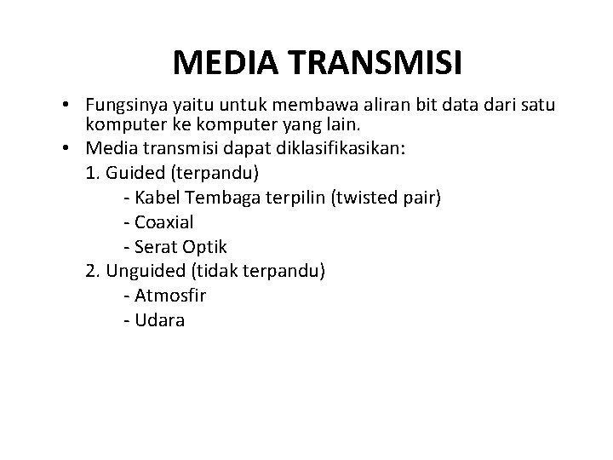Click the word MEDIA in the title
tap(223, 62)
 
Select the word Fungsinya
tap(123, 106)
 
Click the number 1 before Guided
tap(91, 173)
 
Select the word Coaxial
tap(165, 223)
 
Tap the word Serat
tap(157, 248)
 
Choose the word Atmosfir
tap(170, 296)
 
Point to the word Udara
tap(160, 321)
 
